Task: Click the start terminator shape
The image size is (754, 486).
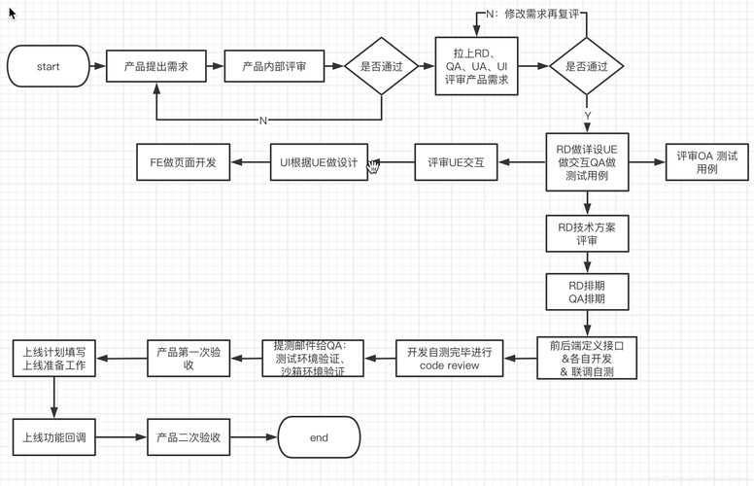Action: click(48, 67)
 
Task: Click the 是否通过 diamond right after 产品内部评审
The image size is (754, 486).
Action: click(382, 67)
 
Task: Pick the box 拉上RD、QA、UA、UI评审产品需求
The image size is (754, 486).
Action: click(476, 67)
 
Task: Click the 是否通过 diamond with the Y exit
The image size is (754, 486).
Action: click(586, 67)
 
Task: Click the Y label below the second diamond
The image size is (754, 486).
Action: click(587, 116)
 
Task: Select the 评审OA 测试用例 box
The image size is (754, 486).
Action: click(706, 162)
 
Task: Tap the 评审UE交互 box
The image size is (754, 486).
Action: click(456, 163)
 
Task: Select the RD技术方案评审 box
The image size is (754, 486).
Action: click(586, 233)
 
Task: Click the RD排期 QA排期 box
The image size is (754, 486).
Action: click(586, 293)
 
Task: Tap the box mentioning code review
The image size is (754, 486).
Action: click(449, 358)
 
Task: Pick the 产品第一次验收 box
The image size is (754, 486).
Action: click(188, 358)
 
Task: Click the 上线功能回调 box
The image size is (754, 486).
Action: click(53, 437)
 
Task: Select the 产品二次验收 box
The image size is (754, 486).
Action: click(188, 437)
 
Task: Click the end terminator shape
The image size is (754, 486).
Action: click(319, 437)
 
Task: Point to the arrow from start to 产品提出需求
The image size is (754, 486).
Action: click(96, 67)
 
